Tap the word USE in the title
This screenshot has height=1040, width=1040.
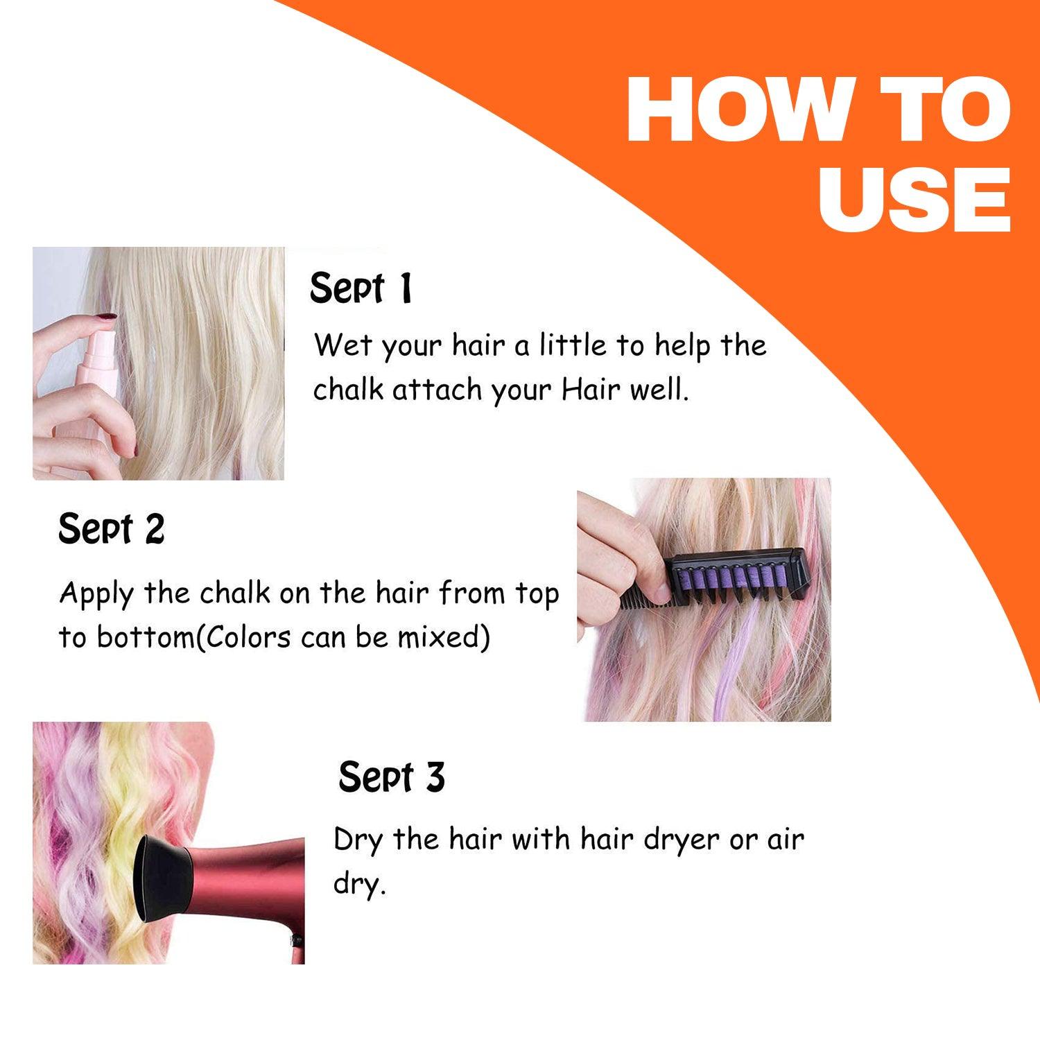[x=914, y=199]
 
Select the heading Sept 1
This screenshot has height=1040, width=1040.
[x=361, y=288]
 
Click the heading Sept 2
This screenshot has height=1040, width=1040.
[x=111, y=530]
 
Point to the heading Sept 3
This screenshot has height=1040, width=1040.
[x=391, y=777]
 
